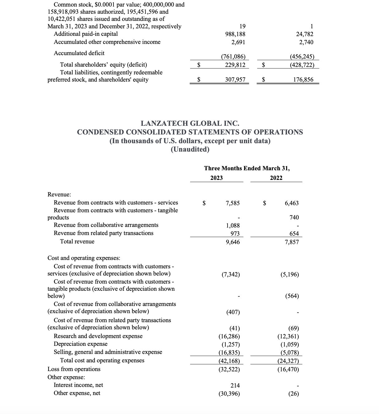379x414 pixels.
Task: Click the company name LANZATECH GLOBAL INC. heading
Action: pos(190,124)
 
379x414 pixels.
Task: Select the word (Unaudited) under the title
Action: pos(190,149)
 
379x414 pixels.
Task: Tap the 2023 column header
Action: pos(216,178)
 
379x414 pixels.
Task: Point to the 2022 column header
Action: pos(276,178)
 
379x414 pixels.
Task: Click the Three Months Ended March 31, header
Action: pos(247,168)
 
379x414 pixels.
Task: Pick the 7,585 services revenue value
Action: pos(233,203)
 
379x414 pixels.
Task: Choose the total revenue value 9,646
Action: pos(233,242)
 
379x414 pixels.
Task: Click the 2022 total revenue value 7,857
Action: pos(291,242)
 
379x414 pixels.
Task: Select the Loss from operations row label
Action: pos(74,369)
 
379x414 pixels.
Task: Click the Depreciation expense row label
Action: pos(80,344)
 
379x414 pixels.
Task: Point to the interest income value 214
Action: pos(235,385)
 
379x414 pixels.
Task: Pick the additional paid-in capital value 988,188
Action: pos(235,34)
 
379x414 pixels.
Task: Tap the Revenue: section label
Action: pos(59,195)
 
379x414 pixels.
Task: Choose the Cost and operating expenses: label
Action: pos(84,258)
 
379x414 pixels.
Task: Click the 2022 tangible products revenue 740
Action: pos(294,218)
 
